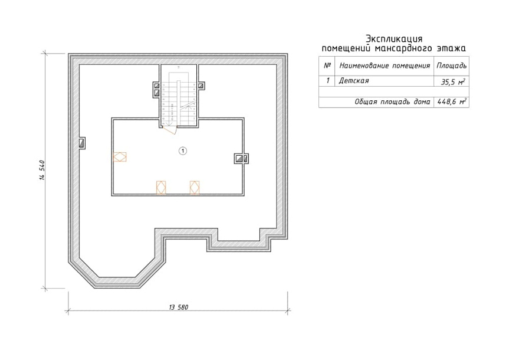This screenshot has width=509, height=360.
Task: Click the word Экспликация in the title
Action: point(394,39)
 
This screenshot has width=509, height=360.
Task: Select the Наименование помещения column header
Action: point(385,66)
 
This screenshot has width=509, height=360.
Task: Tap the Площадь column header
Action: point(452,66)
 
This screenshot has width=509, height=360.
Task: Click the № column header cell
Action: point(327,66)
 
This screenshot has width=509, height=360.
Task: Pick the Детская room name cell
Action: point(354,81)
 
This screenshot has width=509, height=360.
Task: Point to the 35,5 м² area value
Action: point(453,82)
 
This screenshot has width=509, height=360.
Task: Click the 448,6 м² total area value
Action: point(452,102)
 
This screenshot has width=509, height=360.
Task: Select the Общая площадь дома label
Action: point(392,102)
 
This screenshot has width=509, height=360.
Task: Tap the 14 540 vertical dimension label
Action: point(42,170)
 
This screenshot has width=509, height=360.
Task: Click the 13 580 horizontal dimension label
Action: point(179,307)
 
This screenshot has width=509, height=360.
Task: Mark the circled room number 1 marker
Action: point(183,150)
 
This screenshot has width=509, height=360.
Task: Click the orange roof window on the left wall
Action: point(120,157)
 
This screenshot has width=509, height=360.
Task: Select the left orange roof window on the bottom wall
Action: point(161,188)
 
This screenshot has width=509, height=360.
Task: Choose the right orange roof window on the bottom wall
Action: point(195,188)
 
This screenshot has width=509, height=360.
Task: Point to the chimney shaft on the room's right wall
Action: point(241,159)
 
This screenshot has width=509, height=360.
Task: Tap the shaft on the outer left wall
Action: point(83,143)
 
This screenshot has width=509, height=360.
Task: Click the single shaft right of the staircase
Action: point(201,86)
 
